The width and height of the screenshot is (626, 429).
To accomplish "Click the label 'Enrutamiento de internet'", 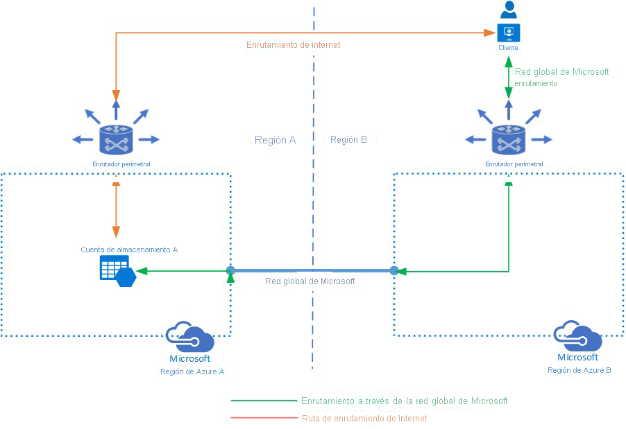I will (293, 44).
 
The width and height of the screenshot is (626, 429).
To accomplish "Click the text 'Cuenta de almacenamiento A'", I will (129, 249).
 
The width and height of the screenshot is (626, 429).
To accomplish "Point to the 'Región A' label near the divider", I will (275, 139).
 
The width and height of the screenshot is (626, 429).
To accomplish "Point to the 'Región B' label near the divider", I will (348, 139).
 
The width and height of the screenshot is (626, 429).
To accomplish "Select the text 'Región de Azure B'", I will (579, 370).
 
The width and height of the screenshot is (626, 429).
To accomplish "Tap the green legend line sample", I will (264, 401).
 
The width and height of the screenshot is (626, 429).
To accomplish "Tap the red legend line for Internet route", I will (264, 418).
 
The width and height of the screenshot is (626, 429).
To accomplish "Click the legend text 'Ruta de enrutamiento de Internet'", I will (364, 419).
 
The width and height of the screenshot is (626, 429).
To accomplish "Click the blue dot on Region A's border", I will (230, 270).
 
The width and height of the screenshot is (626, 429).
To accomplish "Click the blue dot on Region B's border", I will (394, 270).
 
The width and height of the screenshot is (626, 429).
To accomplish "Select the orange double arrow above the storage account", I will (116, 211).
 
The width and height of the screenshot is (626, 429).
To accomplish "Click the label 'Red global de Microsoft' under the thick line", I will (310, 281).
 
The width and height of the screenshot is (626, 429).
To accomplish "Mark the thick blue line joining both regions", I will (312, 270).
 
